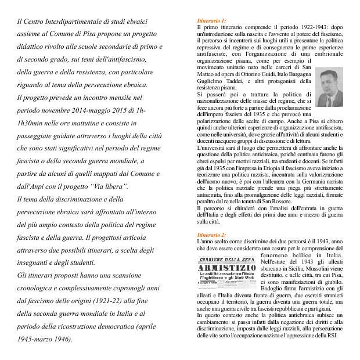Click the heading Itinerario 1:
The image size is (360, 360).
click(212, 21)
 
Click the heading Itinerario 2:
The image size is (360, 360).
click(212, 235)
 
